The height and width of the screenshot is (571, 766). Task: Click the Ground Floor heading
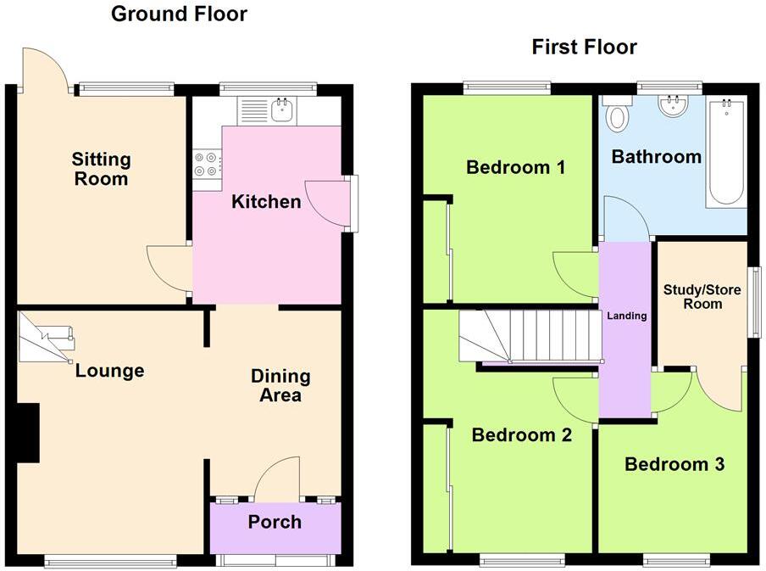pos(179,14)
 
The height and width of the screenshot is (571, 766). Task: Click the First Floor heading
pos(584,47)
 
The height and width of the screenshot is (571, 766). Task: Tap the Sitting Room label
pos(101,169)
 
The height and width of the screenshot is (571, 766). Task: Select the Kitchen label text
pos(266,202)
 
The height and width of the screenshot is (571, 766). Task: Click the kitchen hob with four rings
pos(207,163)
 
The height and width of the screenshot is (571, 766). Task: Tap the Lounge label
pos(109,371)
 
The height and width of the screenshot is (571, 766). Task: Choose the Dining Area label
pos(280,385)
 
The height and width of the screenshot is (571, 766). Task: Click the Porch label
pos(275,521)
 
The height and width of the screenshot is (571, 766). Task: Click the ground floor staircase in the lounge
pos(47,337)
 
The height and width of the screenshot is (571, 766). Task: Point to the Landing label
pos(626,316)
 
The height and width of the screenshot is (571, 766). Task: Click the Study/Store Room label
pos(702,297)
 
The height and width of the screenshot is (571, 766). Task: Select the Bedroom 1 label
pos(515,167)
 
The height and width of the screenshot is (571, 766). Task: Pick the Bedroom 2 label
pos(521,435)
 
